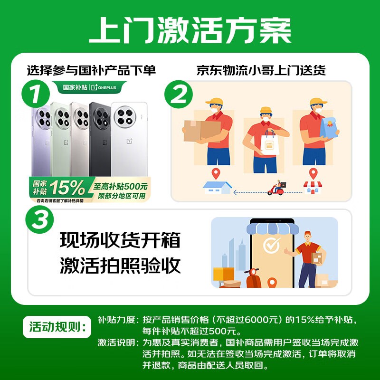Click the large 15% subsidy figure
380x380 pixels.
[69, 189]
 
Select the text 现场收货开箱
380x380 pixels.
[120, 240]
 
